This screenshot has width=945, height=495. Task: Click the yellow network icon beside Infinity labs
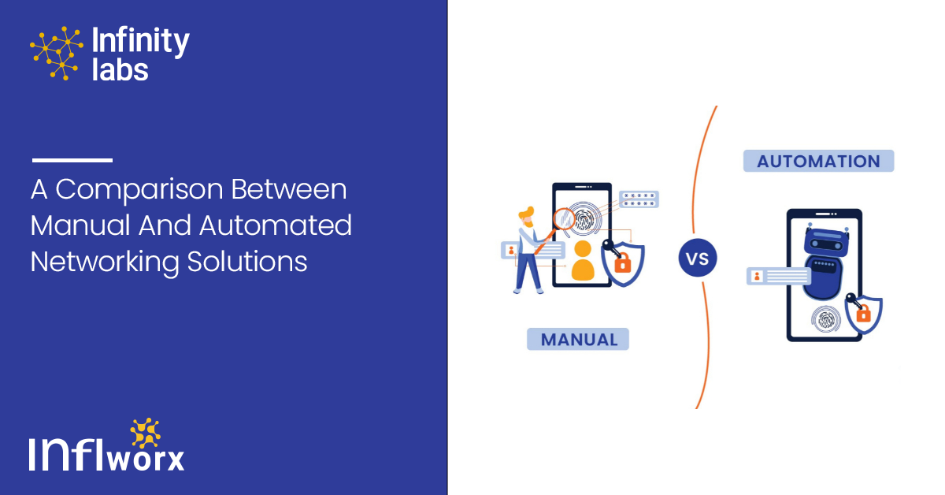[56, 54]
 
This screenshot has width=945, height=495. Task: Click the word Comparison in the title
[139, 190]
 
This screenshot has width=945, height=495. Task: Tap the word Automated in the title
[275, 225]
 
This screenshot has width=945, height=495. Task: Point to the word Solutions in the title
[247, 262]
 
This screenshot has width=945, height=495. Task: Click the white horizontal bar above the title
[72, 160]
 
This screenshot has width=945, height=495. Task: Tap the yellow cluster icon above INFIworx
[145, 433]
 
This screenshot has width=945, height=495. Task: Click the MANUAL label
[578, 339]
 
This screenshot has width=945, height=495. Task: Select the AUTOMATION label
[818, 161]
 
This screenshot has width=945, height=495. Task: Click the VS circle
[698, 258]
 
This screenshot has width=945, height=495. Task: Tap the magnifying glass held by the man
[557, 228]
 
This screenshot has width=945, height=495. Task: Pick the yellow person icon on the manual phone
[583, 261]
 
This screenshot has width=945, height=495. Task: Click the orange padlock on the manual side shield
[623, 263]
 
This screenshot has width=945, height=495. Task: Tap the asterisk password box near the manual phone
[639, 199]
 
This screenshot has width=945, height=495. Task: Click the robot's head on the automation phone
[827, 240]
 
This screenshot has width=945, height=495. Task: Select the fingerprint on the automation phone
[826, 319]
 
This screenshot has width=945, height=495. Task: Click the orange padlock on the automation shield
[863, 314]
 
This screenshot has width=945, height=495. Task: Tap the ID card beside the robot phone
[779, 276]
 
